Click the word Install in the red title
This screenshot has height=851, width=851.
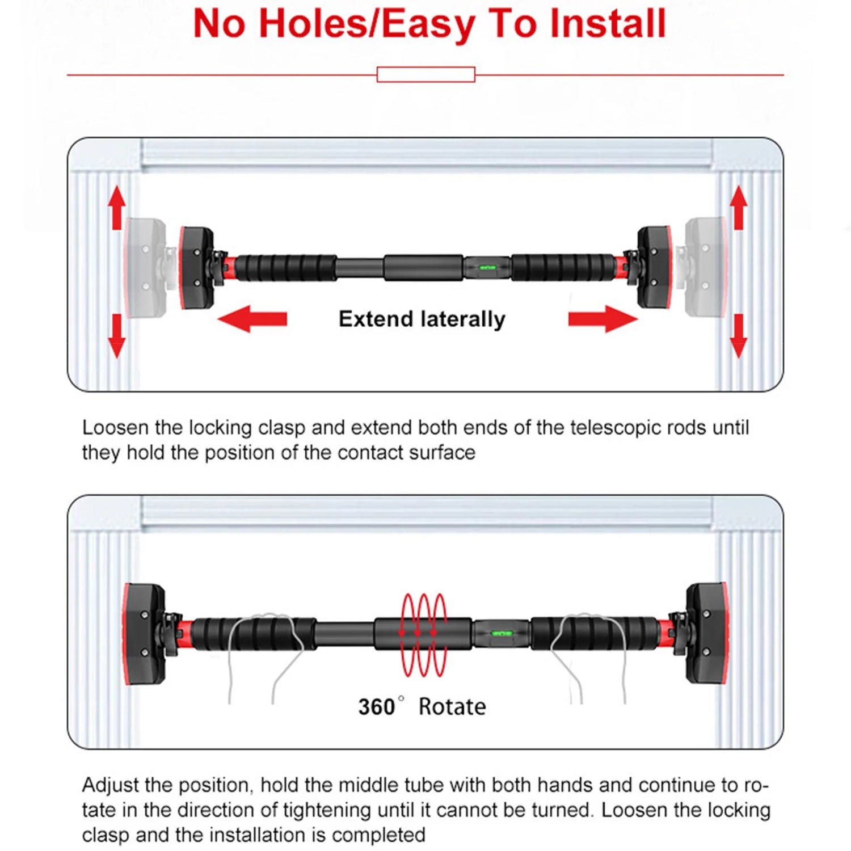pyautogui.click(x=608, y=24)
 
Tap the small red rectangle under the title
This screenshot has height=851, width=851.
pyautogui.click(x=425, y=74)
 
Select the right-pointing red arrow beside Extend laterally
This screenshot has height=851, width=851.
pyautogui.click(x=603, y=318)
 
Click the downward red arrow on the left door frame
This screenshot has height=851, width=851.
pyautogui.click(x=117, y=335)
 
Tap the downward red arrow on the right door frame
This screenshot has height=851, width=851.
pyautogui.click(x=738, y=335)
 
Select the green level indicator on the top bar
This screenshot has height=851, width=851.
pyautogui.click(x=487, y=267)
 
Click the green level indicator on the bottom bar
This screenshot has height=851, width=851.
pyautogui.click(x=502, y=633)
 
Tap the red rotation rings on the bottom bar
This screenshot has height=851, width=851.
pyautogui.click(x=424, y=634)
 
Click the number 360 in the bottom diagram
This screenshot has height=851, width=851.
pyautogui.click(x=376, y=707)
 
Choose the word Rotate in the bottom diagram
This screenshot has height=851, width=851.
pyautogui.click(x=452, y=707)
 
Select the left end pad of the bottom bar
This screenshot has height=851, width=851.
pyautogui.click(x=144, y=633)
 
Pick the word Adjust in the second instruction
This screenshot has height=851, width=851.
pyautogui.click(x=111, y=785)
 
